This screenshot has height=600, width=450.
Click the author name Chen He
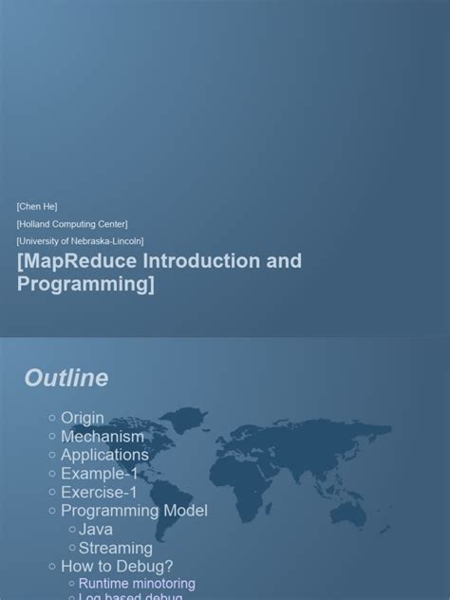click(x=37, y=206)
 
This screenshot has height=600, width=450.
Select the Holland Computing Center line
click(x=72, y=224)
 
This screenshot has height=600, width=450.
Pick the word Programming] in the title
click(x=85, y=284)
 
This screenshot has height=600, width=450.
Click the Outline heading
click(x=66, y=378)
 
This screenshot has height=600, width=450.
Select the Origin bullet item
click(x=83, y=418)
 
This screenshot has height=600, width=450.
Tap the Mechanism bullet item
click(x=103, y=437)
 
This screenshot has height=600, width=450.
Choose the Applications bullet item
click(x=104, y=455)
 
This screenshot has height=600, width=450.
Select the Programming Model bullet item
click(x=134, y=511)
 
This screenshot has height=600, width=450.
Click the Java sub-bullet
click(x=96, y=529)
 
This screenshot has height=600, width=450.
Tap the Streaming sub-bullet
click(x=115, y=548)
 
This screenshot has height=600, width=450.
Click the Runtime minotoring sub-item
click(x=137, y=584)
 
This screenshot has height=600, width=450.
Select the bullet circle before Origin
click(x=52, y=418)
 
